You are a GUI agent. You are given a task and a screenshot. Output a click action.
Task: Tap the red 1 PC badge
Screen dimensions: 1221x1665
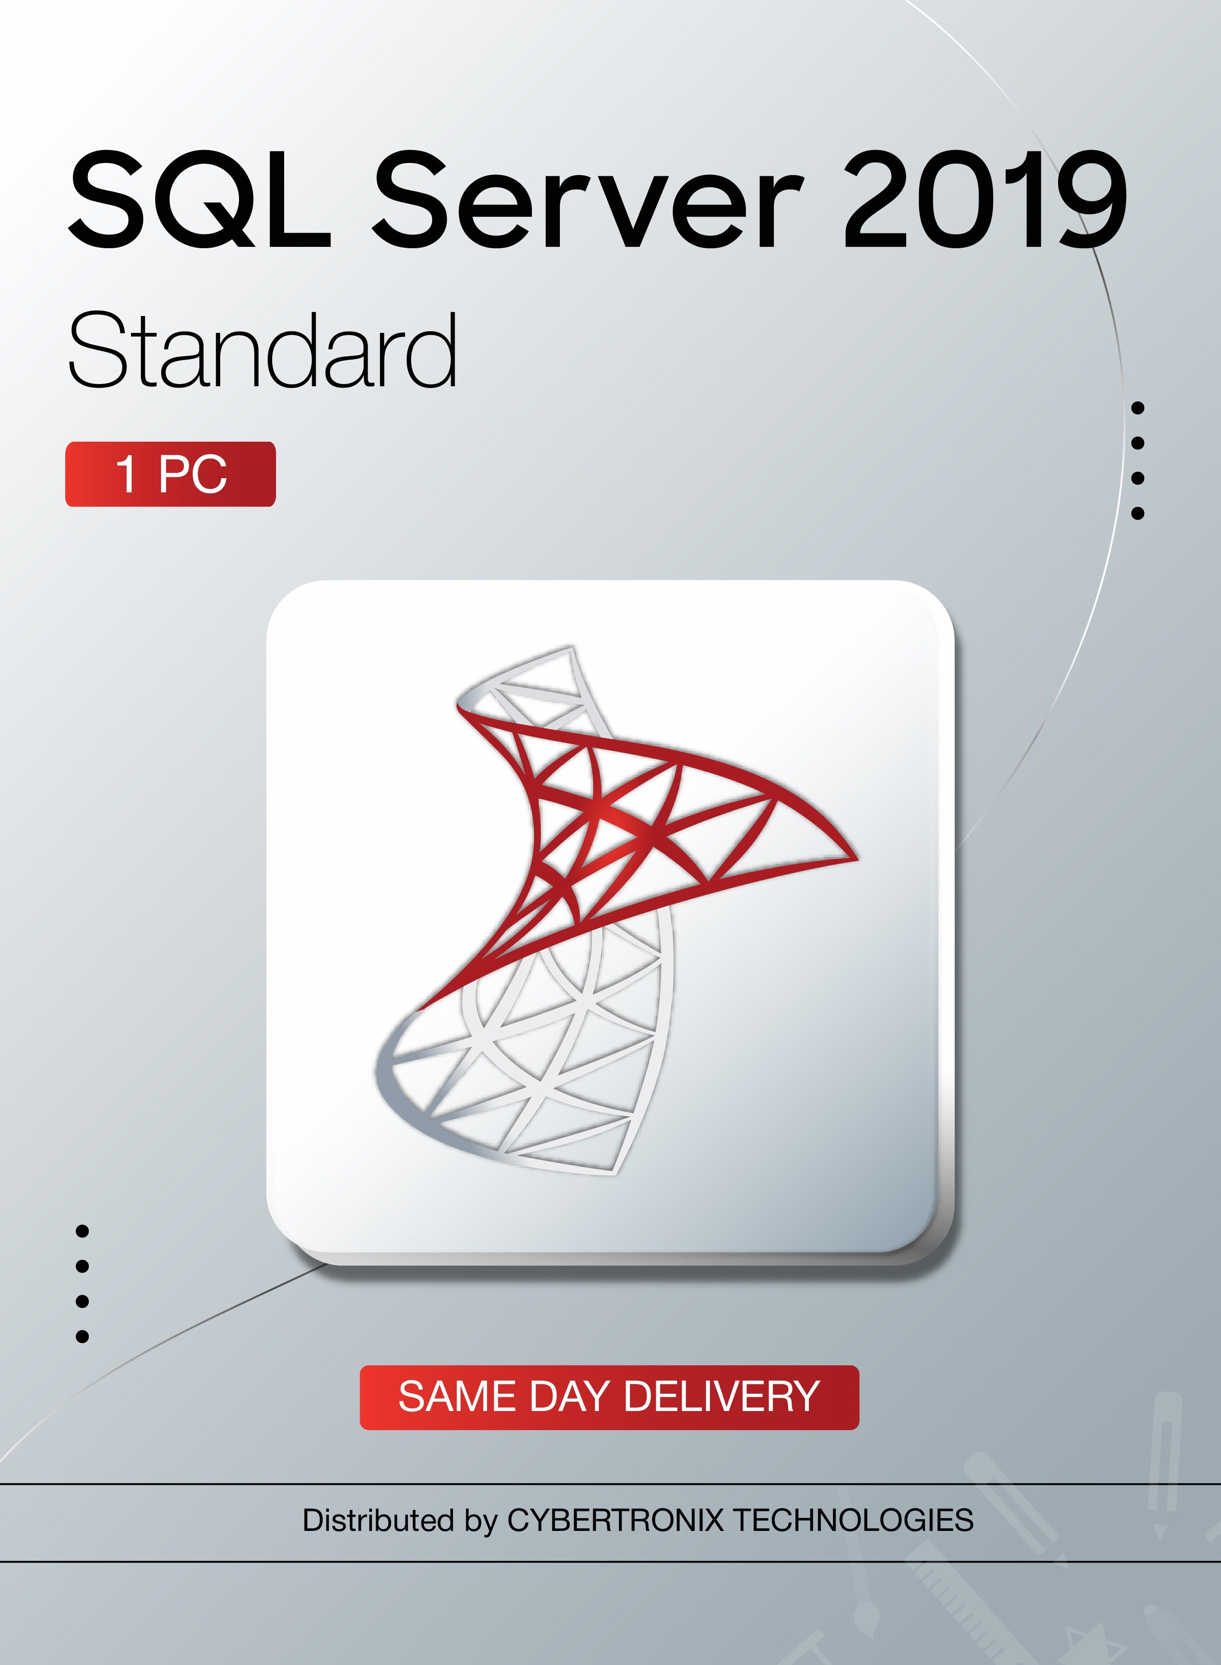point(171,474)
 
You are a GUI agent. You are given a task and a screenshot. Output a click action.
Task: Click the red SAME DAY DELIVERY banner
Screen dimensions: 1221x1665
point(609,1397)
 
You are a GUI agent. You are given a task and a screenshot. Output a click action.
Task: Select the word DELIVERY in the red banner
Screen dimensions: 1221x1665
point(721,1397)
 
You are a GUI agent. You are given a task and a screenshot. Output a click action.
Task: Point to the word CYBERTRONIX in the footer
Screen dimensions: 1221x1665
point(615,1520)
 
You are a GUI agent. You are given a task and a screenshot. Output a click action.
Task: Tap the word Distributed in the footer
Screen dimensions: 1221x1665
point(378,1520)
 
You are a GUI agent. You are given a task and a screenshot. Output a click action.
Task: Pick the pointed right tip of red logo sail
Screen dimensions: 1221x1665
point(856,859)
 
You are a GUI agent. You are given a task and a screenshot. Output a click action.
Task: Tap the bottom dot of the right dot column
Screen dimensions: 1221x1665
point(1138,513)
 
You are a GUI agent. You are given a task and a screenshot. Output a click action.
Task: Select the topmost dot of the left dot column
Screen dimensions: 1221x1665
point(83,1231)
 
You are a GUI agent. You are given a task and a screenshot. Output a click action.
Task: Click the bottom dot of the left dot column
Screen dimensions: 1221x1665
point(83,1336)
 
